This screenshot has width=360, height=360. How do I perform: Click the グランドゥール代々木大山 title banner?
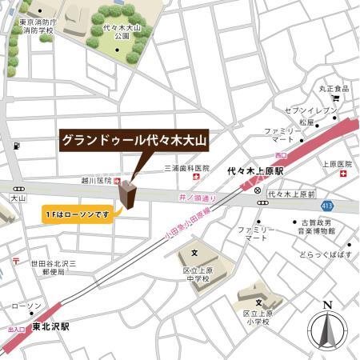(x=134, y=139)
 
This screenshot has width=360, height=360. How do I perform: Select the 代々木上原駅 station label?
(x=254, y=170)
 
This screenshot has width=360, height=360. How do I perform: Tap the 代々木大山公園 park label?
(x=122, y=33)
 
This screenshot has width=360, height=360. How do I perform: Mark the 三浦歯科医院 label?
(x=186, y=169)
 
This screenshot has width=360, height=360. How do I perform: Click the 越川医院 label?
(x=98, y=181)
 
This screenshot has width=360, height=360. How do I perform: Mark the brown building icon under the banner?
(x=126, y=193)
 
